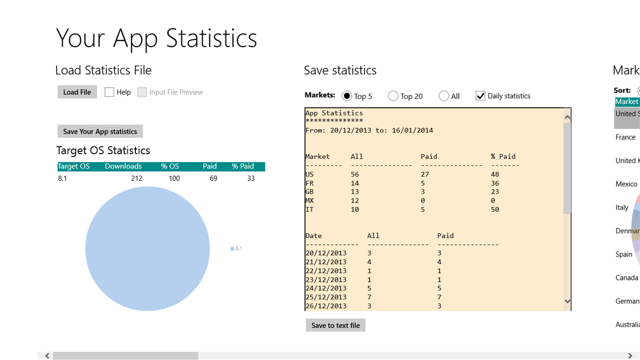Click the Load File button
click(x=77, y=92)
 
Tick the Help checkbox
click(x=109, y=92)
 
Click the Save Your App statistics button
click(x=100, y=131)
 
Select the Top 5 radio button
click(x=347, y=96)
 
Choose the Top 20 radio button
click(x=393, y=96)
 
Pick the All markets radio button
click(x=444, y=96)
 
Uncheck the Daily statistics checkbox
click(x=480, y=96)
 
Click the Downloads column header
click(x=123, y=167)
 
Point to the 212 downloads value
click(x=136, y=178)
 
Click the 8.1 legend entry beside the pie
click(x=236, y=248)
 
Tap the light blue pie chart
click(x=147, y=249)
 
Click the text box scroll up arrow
click(x=567, y=117)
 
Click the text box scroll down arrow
click(x=567, y=301)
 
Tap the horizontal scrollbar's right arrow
click(x=630, y=355)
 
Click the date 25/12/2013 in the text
click(x=326, y=297)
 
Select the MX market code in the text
click(x=310, y=200)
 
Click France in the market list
click(x=625, y=137)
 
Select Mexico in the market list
click(x=626, y=184)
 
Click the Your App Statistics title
click(x=156, y=38)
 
